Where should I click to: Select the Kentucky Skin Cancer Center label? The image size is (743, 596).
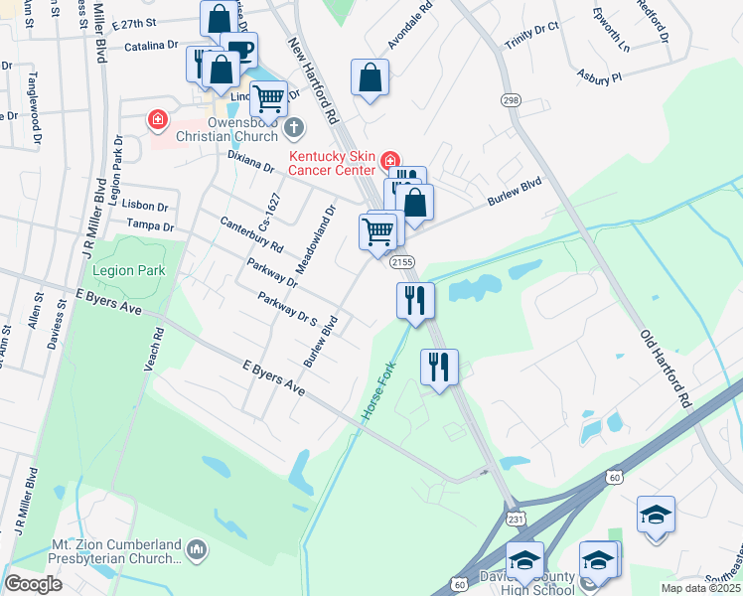[x=333, y=164]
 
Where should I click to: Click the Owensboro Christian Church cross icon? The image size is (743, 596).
[x=293, y=127]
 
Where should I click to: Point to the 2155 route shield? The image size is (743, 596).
[x=401, y=261]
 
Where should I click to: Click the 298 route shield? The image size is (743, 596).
[x=511, y=100]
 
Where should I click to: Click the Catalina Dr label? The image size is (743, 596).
[x=151, y=46]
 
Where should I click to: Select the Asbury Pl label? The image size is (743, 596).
[x=602, y=75]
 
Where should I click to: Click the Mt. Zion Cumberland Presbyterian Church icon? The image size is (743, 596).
[x=197, y=548]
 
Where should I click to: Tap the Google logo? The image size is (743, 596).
[x=33, y=584]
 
